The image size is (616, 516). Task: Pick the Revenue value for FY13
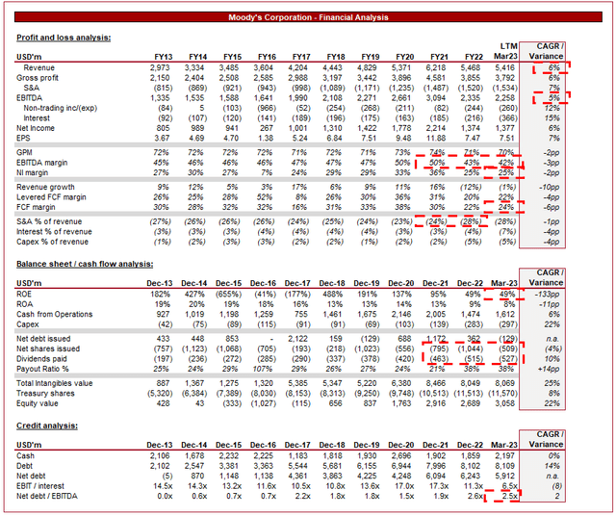click(x=159, y=69)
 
